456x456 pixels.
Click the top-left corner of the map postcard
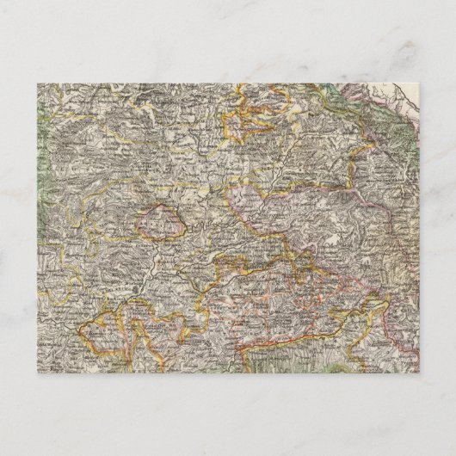click(x=38, y=83)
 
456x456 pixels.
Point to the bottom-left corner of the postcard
click(x=38, y=373)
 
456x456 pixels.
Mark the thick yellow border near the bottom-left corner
click(x=95, y=331)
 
